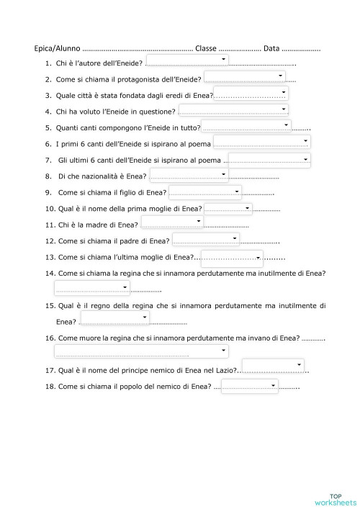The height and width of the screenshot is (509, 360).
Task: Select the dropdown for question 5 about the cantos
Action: tap(246, 127)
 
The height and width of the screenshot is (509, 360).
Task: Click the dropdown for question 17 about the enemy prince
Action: tap(272, 366)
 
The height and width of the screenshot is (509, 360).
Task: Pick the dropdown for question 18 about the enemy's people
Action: tap(249, 387)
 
